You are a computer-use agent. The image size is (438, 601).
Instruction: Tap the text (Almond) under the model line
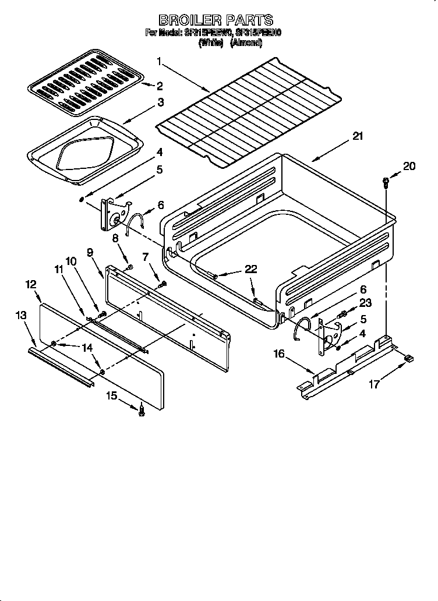tap(247, 43)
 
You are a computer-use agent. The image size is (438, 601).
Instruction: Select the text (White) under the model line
tap(211, 43)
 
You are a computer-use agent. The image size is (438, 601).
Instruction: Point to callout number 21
tap(357, 137)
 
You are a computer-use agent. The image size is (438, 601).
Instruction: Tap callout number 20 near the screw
tap(409, 167)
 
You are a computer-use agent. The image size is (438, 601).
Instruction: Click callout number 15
tap(111, 397)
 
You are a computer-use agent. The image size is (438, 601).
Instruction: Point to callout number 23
tap(365, 303)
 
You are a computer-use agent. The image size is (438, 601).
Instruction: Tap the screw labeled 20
tap(385, 182)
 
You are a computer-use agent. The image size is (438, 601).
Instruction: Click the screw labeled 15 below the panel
tap(140, 411)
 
